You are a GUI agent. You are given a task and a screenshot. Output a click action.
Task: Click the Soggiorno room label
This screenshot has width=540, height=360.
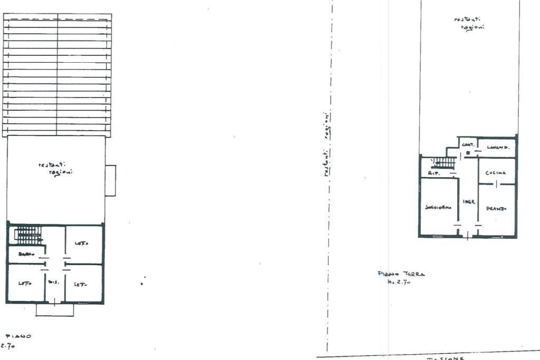[x=438, y=208]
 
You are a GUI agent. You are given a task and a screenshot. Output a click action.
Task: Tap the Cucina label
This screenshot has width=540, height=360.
[x=496, y=173]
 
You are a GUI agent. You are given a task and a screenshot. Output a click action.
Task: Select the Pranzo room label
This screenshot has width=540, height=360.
[x=496, y=209]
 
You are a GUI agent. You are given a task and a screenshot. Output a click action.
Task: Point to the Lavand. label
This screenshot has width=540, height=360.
[x=497, y=148]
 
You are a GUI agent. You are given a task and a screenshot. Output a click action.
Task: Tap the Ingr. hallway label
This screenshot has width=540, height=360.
[x=469, y=202]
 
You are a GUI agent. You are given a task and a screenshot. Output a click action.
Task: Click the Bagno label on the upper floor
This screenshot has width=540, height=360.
[x=26, y=255]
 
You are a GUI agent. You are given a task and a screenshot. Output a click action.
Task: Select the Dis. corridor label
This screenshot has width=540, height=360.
[x=54, y=283]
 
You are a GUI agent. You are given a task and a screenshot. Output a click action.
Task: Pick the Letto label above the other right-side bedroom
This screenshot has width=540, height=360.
[x=81, y=243]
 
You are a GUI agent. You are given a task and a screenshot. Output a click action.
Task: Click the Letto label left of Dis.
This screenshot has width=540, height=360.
[x=25, y=283]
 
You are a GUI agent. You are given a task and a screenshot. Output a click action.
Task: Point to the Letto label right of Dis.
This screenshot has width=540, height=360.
[x=80, y=283]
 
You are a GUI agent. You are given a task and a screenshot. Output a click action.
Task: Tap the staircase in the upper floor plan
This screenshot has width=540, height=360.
[x=27, y=235]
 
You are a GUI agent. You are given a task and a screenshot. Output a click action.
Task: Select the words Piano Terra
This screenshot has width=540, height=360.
[x=401, y=274]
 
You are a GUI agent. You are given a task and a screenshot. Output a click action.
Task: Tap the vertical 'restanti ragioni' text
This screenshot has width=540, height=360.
[x=327, y=143]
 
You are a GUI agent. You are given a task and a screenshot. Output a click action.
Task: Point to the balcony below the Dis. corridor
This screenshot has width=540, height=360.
[x=55, y=310]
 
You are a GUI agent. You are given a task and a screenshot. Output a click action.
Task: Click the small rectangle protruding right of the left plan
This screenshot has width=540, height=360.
[x=110, y=180]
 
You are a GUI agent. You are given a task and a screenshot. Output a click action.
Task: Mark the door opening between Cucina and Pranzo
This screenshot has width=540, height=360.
[x=496, y=184]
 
